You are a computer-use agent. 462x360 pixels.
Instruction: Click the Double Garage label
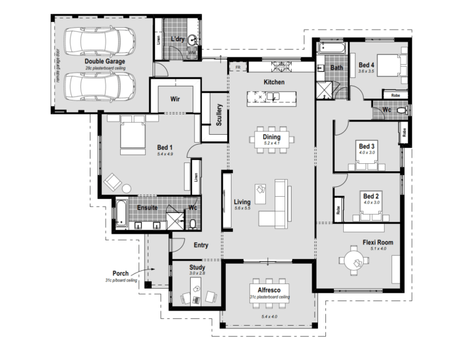click(104, 61)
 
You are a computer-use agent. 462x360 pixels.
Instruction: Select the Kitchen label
click(274, 81)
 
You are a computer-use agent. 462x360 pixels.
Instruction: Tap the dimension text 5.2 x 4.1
click(272, 143)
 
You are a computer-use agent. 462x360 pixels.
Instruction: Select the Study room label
click(197, 268)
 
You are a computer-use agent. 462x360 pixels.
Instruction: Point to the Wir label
click(176, 99)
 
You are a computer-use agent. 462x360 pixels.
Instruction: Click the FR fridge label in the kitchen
click(238, 67)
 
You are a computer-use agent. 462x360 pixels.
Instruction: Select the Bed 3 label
click(366, 145)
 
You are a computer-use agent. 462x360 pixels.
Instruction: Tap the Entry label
click(201, 245)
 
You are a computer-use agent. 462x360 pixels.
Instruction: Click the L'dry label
click(177, 39)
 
